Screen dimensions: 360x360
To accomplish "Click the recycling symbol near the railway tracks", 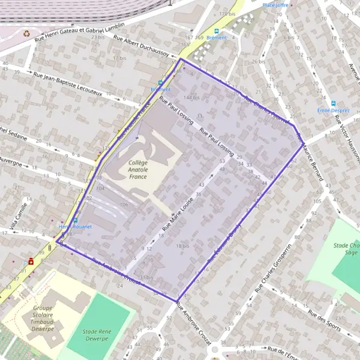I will point(26,34).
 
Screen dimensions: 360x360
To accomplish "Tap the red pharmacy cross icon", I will point(31,261).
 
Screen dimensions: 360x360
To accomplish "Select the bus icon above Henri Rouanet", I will point(74,220).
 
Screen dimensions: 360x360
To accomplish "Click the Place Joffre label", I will point(275,5).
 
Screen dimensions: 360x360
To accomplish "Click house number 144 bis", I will point(191,97).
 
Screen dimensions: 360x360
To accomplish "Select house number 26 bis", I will point(259,62).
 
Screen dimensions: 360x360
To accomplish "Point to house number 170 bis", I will point(226,14).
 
